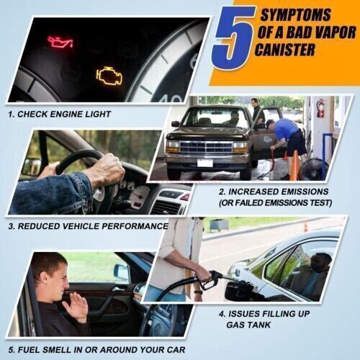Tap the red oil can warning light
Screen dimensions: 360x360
60,42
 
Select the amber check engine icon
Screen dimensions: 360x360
109,73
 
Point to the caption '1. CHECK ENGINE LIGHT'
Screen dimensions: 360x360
60,114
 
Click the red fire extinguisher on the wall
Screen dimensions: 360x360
320,109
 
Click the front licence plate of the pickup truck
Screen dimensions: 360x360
205,163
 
